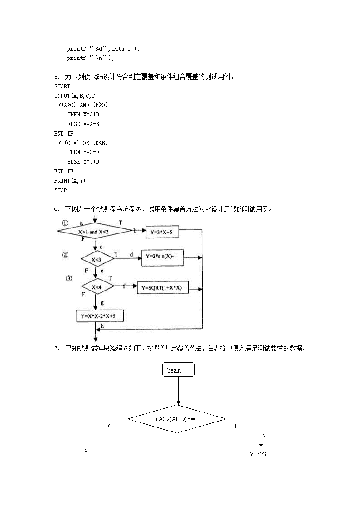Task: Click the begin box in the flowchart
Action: pyautogui.click(x=178, y=370)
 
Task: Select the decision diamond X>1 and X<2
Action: pyautogui.click(x=94, y=231)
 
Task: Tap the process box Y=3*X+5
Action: pyautogui.click(x=162, y=232)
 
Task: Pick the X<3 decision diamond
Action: pyautogui.click(x=97, y=259)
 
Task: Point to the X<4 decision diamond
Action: pyautogui.click(x=97, y=286)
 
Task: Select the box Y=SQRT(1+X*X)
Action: pyautogui.click(x=163, y=288)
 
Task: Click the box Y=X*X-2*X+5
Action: pyautogui.click(x=100, y=316)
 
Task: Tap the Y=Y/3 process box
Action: pyautogui.click(x=264, y=454)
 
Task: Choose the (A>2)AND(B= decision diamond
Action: pyautogui.click(x=177, y=419)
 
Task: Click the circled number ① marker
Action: pyautogui.click(x=65, y=223)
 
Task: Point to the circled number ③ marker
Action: pyautogui.click(x=69, y=278)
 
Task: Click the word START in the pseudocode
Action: pyautogui.click(x=62, y=87)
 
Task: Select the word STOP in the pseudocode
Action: pyautogui.click(x=61, y=190)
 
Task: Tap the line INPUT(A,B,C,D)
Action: pyautogui.click(x=76, y=96)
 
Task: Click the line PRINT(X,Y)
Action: pyautogui.click(x=70, y=180)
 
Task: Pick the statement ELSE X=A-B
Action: pyautogui.click(x=83, y=124)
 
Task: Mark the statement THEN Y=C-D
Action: pyautogui.click(x=83, y=152)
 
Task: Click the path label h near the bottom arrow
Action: pyautogui.click(x=102, y=326)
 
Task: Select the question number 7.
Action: pyautogui.click(x=57, y=349)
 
